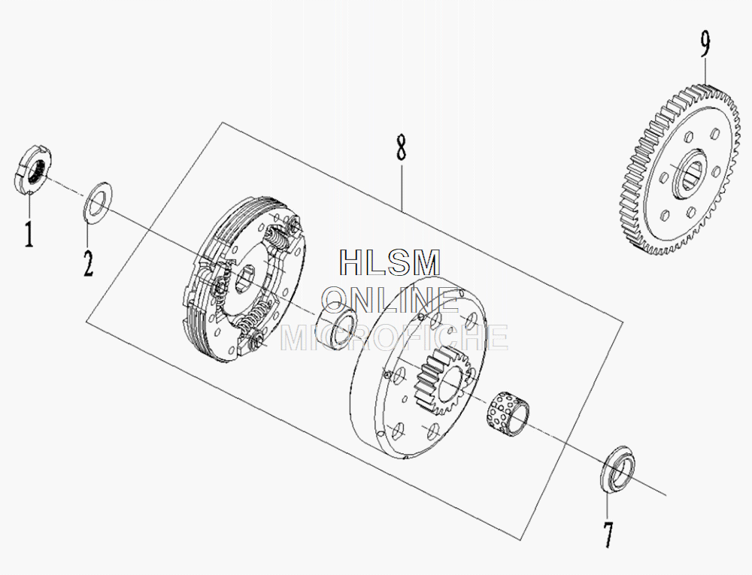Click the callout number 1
click(29, 234)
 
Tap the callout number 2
click(88, 262)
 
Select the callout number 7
click(607, 534)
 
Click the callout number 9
click(705, 44)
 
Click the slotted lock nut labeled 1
click(33, 171)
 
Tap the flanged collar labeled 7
click(619, 472)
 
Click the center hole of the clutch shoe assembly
click(245, 279)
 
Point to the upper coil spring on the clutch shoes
click(280, 240)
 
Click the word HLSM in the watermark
click(390, 262)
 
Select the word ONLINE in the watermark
click(390, 300)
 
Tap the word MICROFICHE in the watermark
click(394, 337)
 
